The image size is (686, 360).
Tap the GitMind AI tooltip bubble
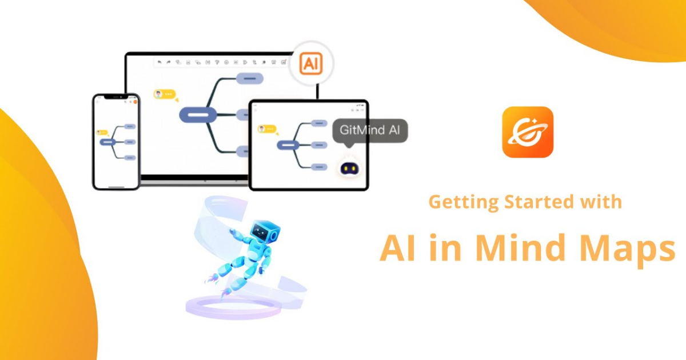(370, 131)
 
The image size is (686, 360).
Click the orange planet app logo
(528, 132)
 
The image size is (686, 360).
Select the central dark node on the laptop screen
(197, 115)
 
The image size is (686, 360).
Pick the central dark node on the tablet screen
(289, 146)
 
